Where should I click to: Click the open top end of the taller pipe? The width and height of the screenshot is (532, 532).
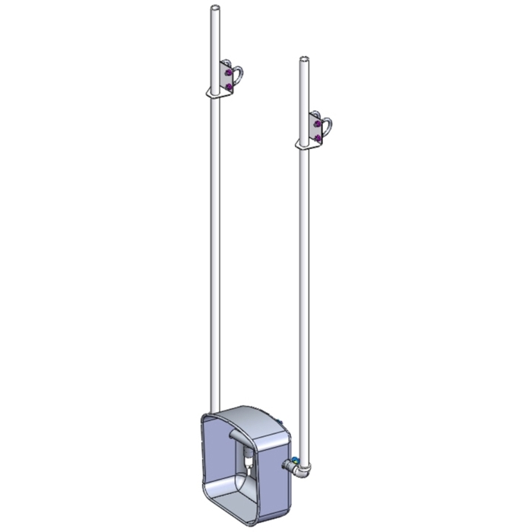click(215, 9)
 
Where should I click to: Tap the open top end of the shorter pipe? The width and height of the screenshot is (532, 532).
click(305, 59)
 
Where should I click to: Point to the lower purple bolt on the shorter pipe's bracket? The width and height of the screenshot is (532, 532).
click(319, 136)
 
